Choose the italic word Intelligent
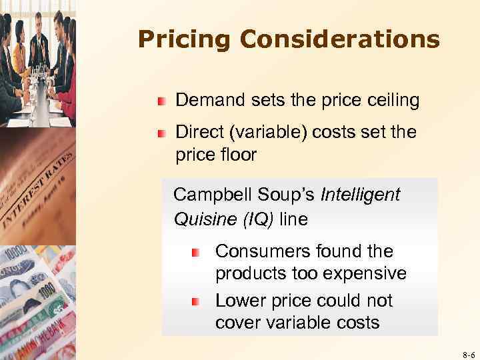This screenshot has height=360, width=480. pyautogui.click(x=360, y=195)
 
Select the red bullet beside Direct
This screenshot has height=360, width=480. pyautogui.click(x=161, y=133)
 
